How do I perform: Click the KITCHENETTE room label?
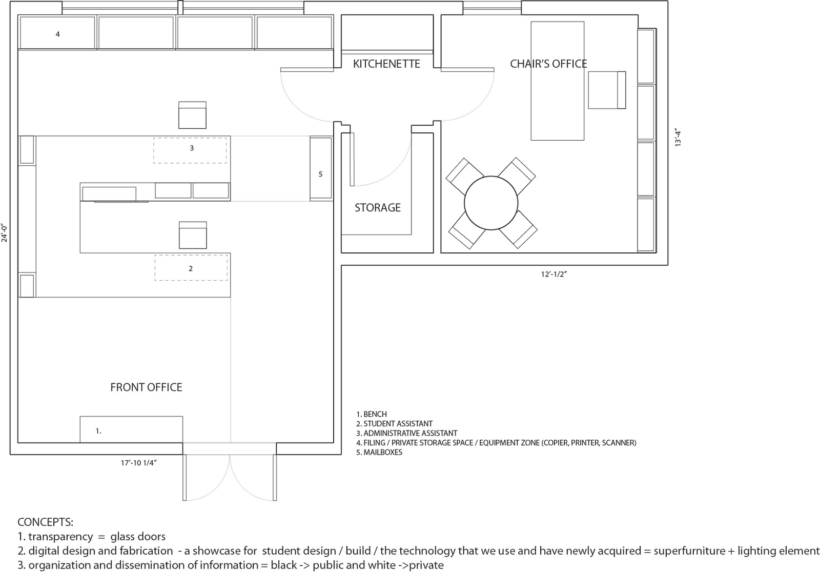(x=386, y=64)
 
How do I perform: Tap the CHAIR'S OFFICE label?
(x=548, y=64)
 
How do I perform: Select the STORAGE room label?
(x=377, y=207)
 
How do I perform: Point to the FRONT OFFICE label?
(x=146, y=387)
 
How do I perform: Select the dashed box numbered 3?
(x=190, y=150)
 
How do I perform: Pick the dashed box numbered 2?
(x=191, y=268)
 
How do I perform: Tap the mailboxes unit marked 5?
(x=321, y=168)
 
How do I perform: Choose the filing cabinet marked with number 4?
(x=57, y=33)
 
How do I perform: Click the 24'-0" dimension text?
(x=5, y=233)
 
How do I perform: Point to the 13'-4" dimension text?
(x=678, y=138)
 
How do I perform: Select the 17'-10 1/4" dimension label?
(x=139, y=463)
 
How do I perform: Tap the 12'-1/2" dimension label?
(x=554, y=274)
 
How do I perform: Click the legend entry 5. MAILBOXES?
(x=379, y=452)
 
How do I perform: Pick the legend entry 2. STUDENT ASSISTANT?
(x=394, y=424)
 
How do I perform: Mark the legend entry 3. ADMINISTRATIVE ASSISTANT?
(x=407, y=433)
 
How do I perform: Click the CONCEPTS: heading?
(x=46, y=522)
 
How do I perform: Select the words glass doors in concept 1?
(x=138, y=537)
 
